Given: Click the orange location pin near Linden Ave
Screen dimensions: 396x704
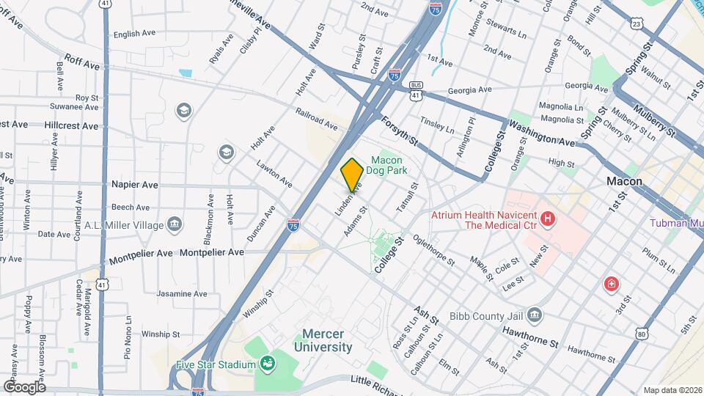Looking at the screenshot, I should click(352, 175).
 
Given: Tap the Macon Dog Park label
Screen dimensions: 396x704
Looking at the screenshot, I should click(389, 165).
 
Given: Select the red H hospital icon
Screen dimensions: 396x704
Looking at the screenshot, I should click(547, 219).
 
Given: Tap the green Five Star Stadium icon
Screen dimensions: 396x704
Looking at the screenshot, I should click(268, 363).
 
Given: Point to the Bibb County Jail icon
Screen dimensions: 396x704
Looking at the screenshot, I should click(535, 315).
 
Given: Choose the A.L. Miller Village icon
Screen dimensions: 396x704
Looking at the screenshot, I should click(175, 224).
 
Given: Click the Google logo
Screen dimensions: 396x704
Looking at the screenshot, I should click(24, 386).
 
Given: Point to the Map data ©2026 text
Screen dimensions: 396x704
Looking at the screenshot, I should click(672, 389).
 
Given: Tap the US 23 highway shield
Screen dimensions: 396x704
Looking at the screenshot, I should click(636, 24).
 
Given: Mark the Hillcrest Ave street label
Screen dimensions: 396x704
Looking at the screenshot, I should click(70, 126).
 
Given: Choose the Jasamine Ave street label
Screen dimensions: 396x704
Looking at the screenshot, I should click(182, 294).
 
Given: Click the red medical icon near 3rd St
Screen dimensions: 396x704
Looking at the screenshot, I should click(610, 284).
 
